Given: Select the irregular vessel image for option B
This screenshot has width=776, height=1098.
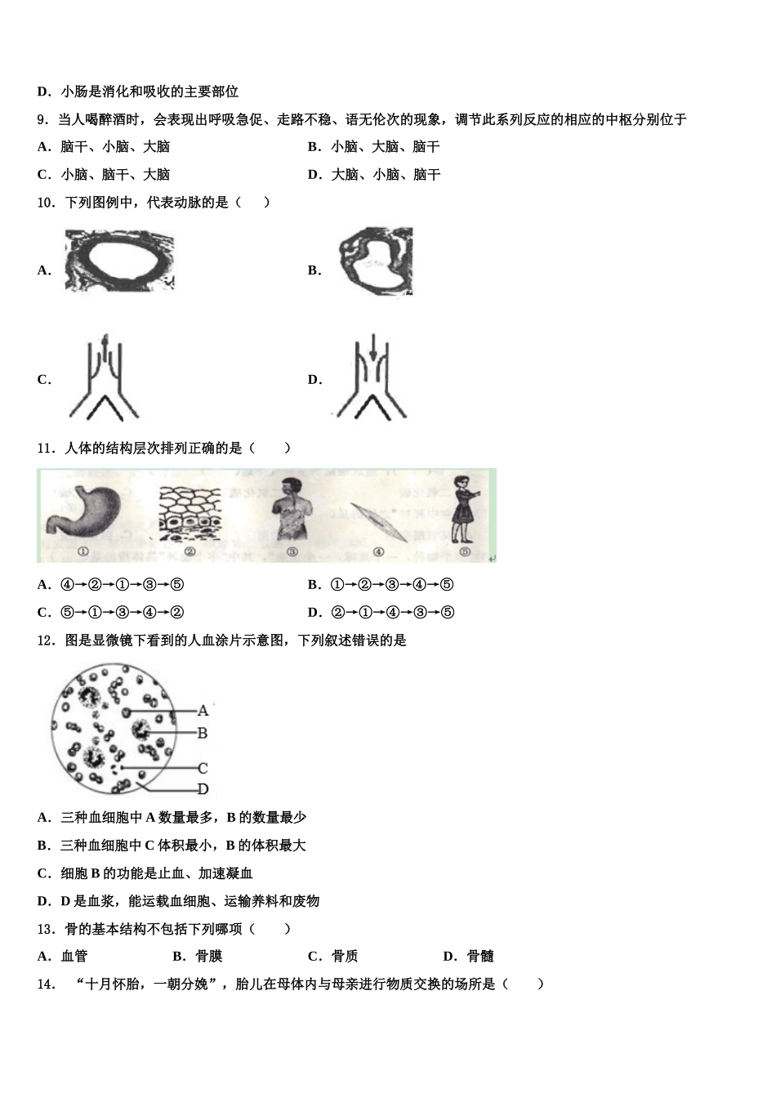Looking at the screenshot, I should (x=375, y=261).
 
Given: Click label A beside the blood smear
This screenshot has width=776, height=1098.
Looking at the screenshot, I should (x=203, y=711).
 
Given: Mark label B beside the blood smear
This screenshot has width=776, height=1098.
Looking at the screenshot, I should (x=203, y=733).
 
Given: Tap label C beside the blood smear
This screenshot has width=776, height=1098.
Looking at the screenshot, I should (x=203, y=768).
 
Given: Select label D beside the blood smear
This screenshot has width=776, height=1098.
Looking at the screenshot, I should (x=203, y=788).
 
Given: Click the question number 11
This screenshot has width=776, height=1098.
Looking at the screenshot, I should (x=45, y=448).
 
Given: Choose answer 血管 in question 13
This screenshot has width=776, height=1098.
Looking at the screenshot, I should (x=74, y=956).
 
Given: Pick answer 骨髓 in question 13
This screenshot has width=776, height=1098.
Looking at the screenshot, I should (x=480, y=956).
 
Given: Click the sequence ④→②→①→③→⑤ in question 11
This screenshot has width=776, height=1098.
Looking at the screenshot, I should (x=122, y=584).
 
